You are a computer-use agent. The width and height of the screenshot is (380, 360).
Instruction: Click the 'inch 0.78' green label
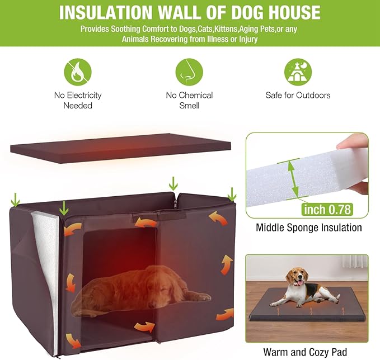click(327, 209)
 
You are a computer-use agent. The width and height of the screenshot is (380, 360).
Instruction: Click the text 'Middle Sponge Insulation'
click(308, 228)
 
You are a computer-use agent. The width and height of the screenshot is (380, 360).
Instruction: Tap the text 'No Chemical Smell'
click(189, 100)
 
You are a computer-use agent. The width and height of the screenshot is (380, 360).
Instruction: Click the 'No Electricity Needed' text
click(77, 100)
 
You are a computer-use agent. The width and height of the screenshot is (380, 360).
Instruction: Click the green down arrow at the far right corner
click(232, 195)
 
